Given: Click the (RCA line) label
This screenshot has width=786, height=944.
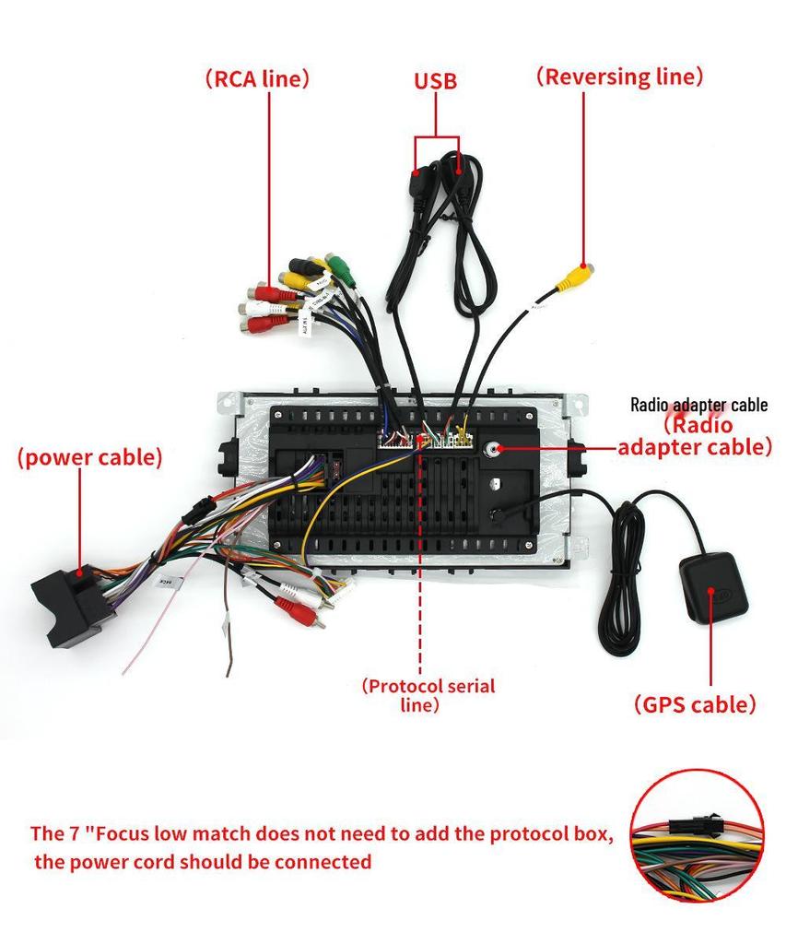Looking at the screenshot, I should click(256, 79).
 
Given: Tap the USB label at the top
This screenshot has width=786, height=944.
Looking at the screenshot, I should click(435, 81).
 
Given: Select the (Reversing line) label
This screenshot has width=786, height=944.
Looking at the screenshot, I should click(619, 77).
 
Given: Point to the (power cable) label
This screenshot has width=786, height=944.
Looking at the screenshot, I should click(89, 457).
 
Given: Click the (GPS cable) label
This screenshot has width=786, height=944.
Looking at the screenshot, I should click(695, 704).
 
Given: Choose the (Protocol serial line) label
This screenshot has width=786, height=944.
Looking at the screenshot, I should click(428, 695).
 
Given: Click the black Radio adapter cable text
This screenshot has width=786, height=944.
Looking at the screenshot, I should click(698, 405).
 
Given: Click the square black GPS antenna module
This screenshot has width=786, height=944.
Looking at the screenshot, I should click(712, 587).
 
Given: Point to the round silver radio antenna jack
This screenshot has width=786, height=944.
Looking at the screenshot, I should click(495, 449).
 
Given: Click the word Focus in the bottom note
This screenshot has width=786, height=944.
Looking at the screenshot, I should click(131, 834).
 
